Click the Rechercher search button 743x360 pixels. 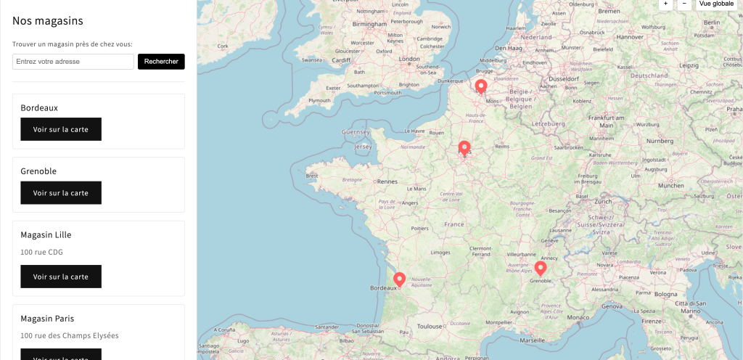click(161, 62)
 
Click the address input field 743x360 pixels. click(73, 62)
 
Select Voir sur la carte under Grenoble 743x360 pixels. click(61, 193)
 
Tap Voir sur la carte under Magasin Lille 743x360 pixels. click(61, 277)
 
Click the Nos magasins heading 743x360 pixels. click(48, 21)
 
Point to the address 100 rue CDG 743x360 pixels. click(42, 252)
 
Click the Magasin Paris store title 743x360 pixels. click(47, 319)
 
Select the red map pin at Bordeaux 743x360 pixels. click(399, 279)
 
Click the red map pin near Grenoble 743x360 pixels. click(540, 268)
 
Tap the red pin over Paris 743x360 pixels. click(464, 148)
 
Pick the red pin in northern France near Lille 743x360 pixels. click(480, 86)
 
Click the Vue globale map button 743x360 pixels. click(716, 4)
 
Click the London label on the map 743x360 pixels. click(409, 59)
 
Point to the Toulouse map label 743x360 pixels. click(430, 327)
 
